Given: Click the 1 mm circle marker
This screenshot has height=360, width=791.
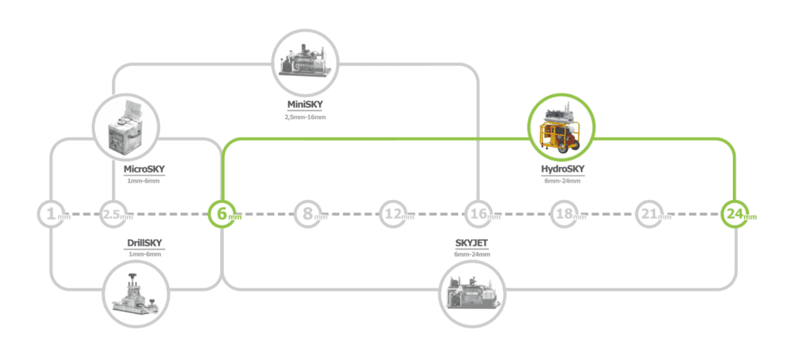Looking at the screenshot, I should [x=50, y=213].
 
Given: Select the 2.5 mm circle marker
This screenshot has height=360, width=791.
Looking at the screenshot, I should [x=113, y=213].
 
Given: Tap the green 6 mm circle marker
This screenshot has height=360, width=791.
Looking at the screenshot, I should [x=222, y=213].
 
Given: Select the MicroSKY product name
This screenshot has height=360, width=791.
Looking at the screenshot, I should [x=144, y=169].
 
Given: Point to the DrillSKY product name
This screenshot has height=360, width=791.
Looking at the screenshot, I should [x=144, y=243].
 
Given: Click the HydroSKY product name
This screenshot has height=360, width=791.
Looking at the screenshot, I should [x=562, y=169].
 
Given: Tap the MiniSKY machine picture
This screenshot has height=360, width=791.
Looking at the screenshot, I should [x=306, y=62].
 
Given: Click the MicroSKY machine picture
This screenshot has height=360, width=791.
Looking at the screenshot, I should [x=125, y=127].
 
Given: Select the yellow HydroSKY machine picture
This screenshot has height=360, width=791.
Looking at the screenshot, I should [x=562, y=129].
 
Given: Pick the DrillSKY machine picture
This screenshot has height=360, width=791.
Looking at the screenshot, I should [x=136, y=294].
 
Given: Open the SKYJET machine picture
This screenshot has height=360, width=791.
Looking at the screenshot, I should [x=471, y=294].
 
